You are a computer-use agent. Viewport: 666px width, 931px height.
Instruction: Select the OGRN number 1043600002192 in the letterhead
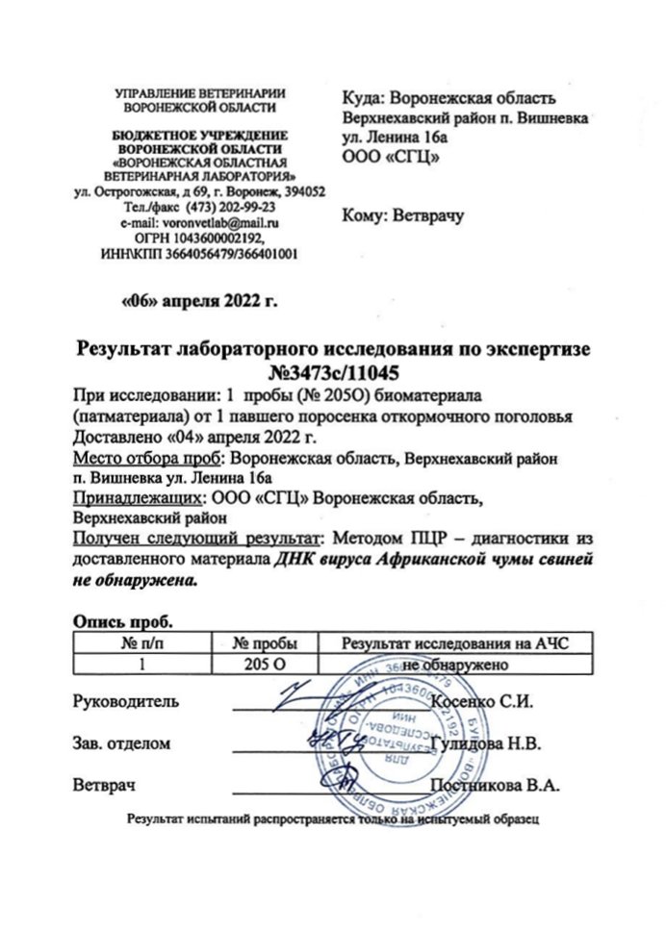tap(218, 238)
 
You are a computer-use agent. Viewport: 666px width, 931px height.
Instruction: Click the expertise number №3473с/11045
tap(333, 370)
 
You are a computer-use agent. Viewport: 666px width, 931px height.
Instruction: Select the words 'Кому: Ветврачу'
tap(403, 216)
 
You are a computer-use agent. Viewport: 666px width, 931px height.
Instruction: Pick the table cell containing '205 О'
tap(266, 664)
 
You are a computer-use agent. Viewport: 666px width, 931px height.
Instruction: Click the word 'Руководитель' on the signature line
tap(126, 701)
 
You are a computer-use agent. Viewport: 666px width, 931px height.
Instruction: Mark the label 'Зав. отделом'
tap(123, 743)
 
